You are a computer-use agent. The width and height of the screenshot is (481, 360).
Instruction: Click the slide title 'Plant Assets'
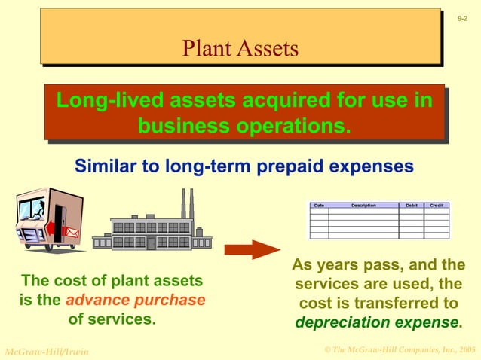(x=240, y=49)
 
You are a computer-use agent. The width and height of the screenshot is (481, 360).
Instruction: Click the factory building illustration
(x=152, y=230)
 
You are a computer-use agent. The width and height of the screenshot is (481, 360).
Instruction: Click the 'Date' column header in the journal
(x=319, y=206)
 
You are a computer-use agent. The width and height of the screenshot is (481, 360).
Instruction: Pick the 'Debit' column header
(x=411, y=206)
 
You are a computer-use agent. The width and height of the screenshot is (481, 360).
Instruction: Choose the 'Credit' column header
(x=437, y=206)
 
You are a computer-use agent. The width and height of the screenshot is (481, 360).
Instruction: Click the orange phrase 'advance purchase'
(x=135, y=300)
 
